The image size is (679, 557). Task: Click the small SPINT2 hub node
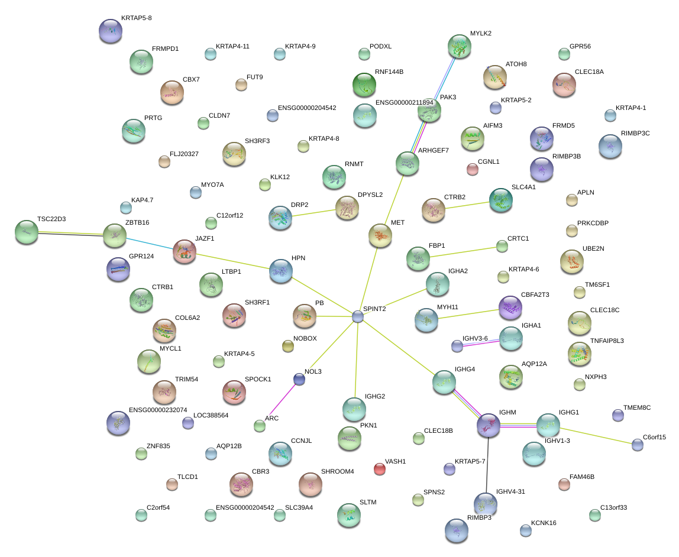(358, 316)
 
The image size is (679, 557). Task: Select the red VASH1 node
(380, 469)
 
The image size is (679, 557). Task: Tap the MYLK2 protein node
(460, 46)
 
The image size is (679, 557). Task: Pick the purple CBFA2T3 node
(510, 307)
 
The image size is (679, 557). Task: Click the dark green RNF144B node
(364, 85)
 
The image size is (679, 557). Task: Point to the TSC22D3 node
(26, 232)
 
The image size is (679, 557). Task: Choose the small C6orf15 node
(637, 445)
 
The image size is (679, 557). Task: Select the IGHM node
(489, 424)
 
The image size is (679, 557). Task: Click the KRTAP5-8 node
(111, 31)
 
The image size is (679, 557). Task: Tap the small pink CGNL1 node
(472, 169)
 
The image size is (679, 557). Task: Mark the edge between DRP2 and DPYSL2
(313, 213)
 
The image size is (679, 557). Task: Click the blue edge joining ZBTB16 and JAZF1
(149, 243)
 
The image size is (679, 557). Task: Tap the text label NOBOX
(305, 339)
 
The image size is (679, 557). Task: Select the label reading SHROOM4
(337, 471)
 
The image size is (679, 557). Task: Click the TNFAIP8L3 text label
(607, 341)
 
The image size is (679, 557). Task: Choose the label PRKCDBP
(596, 223)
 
